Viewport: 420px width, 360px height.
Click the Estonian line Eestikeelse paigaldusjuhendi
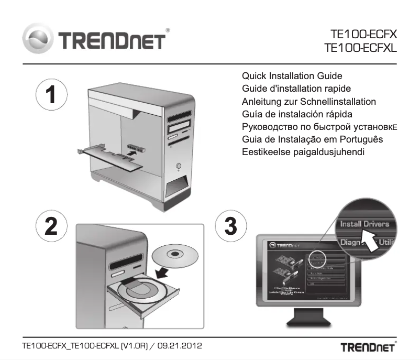303,152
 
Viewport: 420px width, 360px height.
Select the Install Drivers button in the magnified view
364,224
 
